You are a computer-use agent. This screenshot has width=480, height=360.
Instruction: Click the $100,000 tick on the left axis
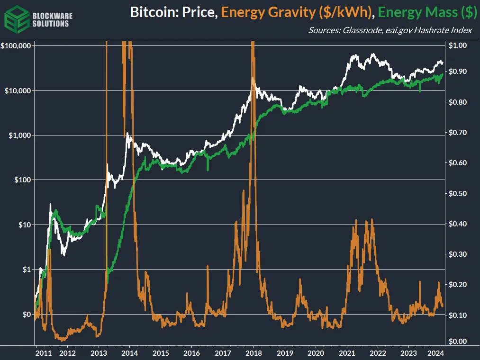(16, 46)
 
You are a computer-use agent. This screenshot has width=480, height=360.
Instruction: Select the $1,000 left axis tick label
(19, 135)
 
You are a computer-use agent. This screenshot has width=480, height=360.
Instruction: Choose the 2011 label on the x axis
(43, 353)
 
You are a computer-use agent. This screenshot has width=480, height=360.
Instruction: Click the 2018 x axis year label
(254, 353)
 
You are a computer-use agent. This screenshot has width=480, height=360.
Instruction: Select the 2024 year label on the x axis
(435, 353)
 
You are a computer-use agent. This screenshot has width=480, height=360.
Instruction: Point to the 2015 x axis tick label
(161, 353)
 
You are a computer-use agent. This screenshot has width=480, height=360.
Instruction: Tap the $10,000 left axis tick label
(18, 90)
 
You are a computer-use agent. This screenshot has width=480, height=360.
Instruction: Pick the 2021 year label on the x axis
(347, 353)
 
